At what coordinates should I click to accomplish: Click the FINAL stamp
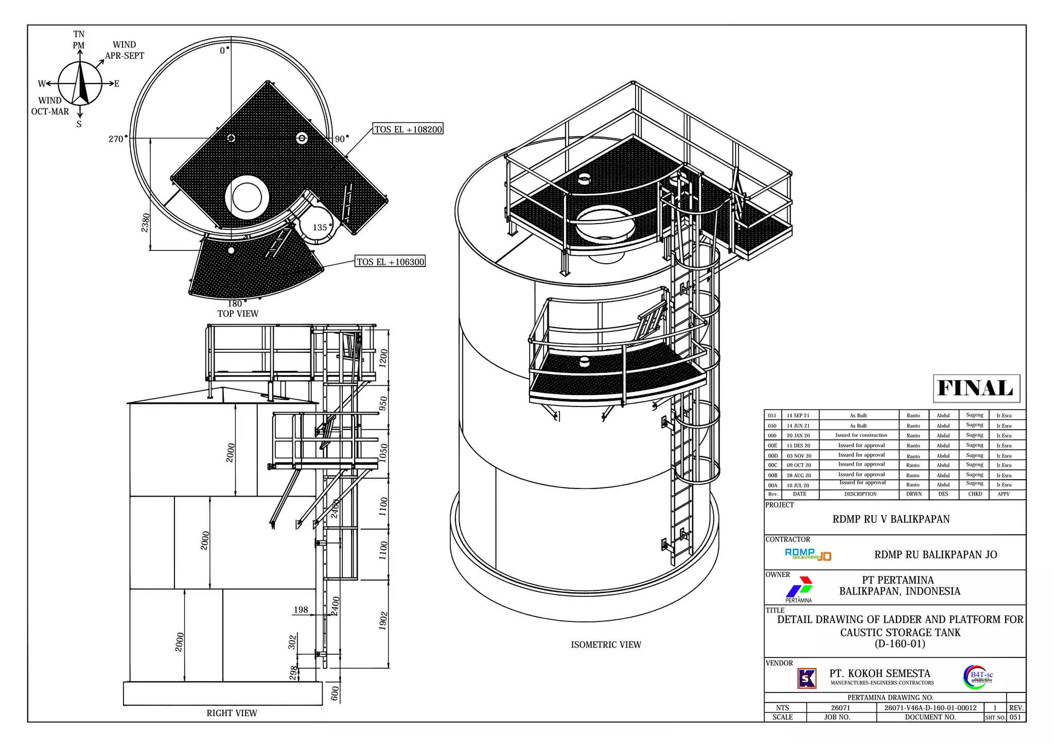click(976, 388)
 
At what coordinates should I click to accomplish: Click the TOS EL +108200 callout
click(408, 129)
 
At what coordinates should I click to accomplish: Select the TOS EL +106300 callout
click(390, 262)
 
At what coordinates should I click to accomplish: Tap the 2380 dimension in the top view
click(146, 223)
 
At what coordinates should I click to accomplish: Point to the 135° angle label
click(320, 228)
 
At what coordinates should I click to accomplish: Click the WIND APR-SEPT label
click(125, 50)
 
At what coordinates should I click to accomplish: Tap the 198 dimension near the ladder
click(301, 610)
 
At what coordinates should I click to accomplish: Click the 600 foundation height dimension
click(335, 693)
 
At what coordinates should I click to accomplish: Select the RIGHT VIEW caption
click(232, 713)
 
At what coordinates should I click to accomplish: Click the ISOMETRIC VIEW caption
click(606, 645)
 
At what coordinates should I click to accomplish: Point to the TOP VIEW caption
click(238, 314)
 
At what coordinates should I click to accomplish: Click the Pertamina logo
click(799, 588)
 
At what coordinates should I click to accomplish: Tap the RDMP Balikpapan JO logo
click(807, 554)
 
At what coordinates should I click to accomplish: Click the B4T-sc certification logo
click(978, 677)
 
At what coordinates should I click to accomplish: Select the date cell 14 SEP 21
click(798, 415)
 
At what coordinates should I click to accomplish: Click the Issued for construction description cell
click(861, 435)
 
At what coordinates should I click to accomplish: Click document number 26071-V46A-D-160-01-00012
click(930, 708)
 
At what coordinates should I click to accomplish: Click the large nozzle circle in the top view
click(247, 197)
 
